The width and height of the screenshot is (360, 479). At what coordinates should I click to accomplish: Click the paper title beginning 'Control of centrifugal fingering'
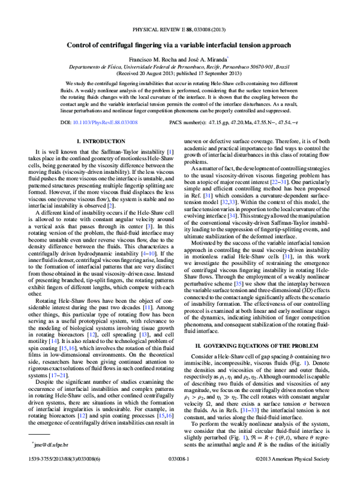point(179,45)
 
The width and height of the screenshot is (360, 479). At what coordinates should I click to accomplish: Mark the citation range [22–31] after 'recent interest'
point(286,179)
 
